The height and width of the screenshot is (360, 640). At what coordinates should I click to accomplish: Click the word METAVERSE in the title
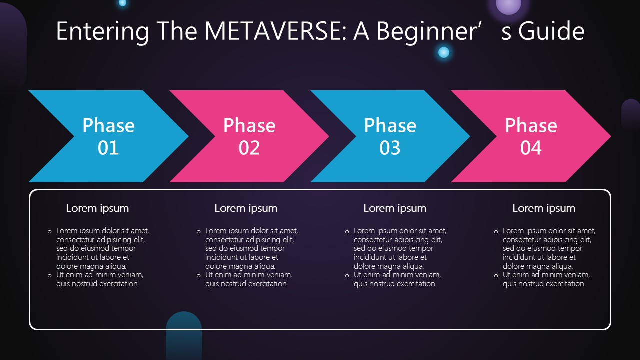275,31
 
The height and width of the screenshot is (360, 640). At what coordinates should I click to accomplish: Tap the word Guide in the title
551,31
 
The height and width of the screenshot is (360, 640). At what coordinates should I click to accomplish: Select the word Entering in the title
102,32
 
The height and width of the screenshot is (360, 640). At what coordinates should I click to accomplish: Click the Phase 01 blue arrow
108,136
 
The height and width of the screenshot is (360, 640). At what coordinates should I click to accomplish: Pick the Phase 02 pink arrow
249,136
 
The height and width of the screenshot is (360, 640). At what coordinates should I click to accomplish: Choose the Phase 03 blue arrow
390,136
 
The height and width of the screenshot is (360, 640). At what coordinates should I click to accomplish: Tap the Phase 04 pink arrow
531,136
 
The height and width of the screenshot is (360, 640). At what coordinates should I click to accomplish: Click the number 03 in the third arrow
390,148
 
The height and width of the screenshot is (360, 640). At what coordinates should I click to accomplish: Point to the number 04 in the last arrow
531,148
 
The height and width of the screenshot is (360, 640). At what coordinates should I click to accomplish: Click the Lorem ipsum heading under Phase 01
97,209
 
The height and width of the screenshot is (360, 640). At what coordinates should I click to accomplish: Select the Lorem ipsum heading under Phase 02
246,209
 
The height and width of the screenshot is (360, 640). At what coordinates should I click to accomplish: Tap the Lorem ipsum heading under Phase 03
395,209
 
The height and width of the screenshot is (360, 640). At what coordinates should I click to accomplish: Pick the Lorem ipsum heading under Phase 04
543,209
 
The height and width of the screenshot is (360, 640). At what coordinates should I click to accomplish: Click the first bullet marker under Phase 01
50,232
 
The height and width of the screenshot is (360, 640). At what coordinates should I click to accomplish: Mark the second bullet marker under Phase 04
496,276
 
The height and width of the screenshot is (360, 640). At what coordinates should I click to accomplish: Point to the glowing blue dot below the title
443,52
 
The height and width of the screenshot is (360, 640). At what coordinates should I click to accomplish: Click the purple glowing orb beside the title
508,5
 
